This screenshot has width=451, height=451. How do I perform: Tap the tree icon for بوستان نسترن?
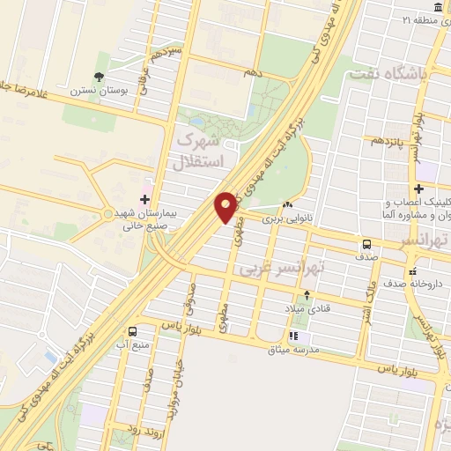coord(99,78)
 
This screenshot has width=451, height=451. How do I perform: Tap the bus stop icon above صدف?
coord(365,244)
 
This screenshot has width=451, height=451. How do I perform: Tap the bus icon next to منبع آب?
coord(132,331)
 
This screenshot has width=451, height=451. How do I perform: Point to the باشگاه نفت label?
coord(388,76)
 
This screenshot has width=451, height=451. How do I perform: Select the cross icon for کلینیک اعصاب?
coord(419,189)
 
